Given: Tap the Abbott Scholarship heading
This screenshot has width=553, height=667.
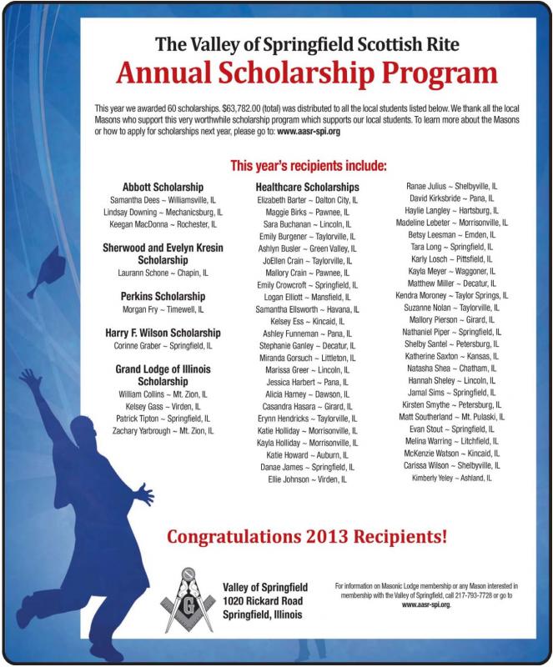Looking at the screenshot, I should point(163,187).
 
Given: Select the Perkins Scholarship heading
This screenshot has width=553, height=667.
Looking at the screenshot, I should point(163,296).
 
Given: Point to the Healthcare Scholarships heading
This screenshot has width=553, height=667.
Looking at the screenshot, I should point(307,188).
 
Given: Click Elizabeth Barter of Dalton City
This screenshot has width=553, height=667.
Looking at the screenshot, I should point(307,201).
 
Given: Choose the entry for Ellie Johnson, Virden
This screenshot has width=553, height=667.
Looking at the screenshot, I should point(307,480).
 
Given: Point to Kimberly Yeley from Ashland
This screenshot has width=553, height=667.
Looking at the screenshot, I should point(450,479).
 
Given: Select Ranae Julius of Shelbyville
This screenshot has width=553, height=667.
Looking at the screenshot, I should point(451,186).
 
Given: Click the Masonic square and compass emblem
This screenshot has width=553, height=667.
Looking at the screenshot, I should point(188,599).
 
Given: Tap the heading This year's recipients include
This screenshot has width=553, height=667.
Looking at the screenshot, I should point(308,165).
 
